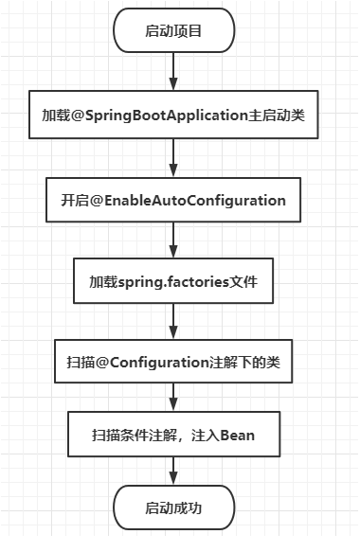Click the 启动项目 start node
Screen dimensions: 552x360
(x=173, y=32)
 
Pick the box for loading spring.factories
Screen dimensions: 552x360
(x=173, y=281)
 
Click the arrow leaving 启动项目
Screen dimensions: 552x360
(x=173, y=71)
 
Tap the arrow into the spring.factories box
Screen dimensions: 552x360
(x=173, y=240)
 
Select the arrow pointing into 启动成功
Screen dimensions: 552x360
(x=173, y=472)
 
